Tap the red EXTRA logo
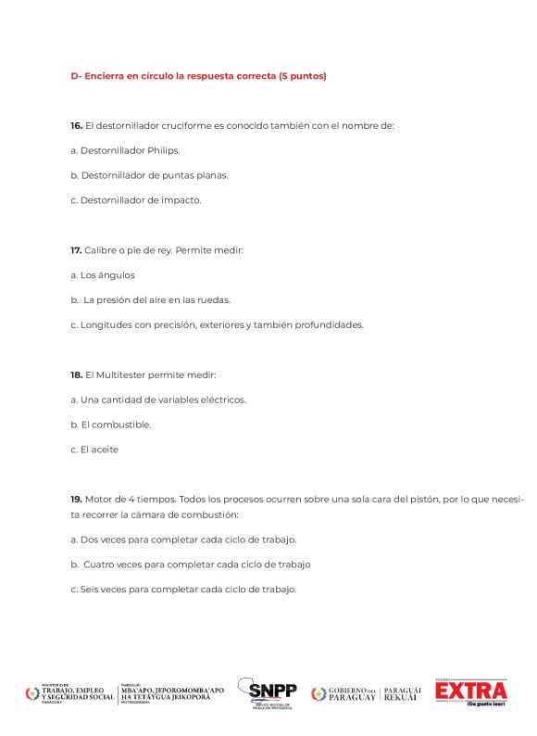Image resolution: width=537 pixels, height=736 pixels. pos(471,692)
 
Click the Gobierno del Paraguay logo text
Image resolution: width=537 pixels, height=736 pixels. pos(353,693)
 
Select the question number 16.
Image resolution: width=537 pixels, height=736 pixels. pos(77,125)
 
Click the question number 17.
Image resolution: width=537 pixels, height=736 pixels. pos(77,250)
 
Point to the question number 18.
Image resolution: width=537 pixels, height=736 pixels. pos(77,374)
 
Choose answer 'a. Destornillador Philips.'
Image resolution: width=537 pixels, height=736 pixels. pos(125,150)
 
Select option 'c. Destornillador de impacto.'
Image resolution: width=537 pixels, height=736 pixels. pos(135,199)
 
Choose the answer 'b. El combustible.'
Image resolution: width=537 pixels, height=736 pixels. pos(110,425)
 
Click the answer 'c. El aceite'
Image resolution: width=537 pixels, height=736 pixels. pos(94,450)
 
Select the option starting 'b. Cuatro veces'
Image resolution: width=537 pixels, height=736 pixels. pos(191,564)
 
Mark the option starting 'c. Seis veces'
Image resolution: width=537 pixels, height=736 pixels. pos(183,589)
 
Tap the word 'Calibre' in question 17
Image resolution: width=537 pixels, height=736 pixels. pos(99,250)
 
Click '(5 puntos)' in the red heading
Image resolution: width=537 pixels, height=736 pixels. pos(303,76)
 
